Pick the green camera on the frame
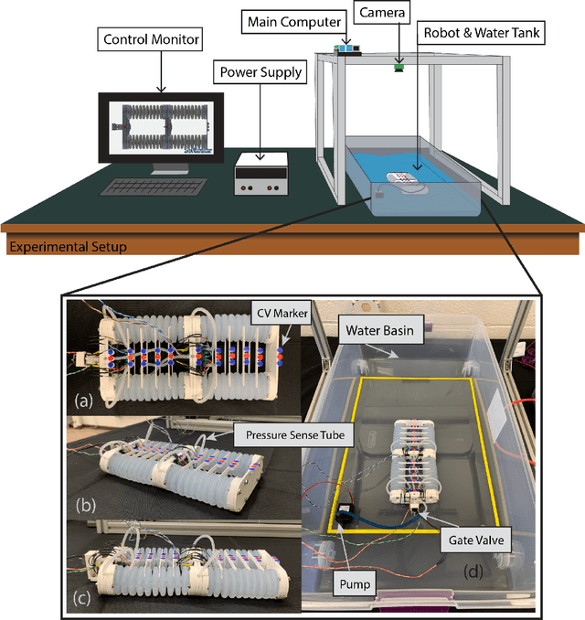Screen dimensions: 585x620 click(399, 65)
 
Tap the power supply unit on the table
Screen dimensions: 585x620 click(261, 173)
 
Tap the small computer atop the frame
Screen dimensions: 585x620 click(350, 48)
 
